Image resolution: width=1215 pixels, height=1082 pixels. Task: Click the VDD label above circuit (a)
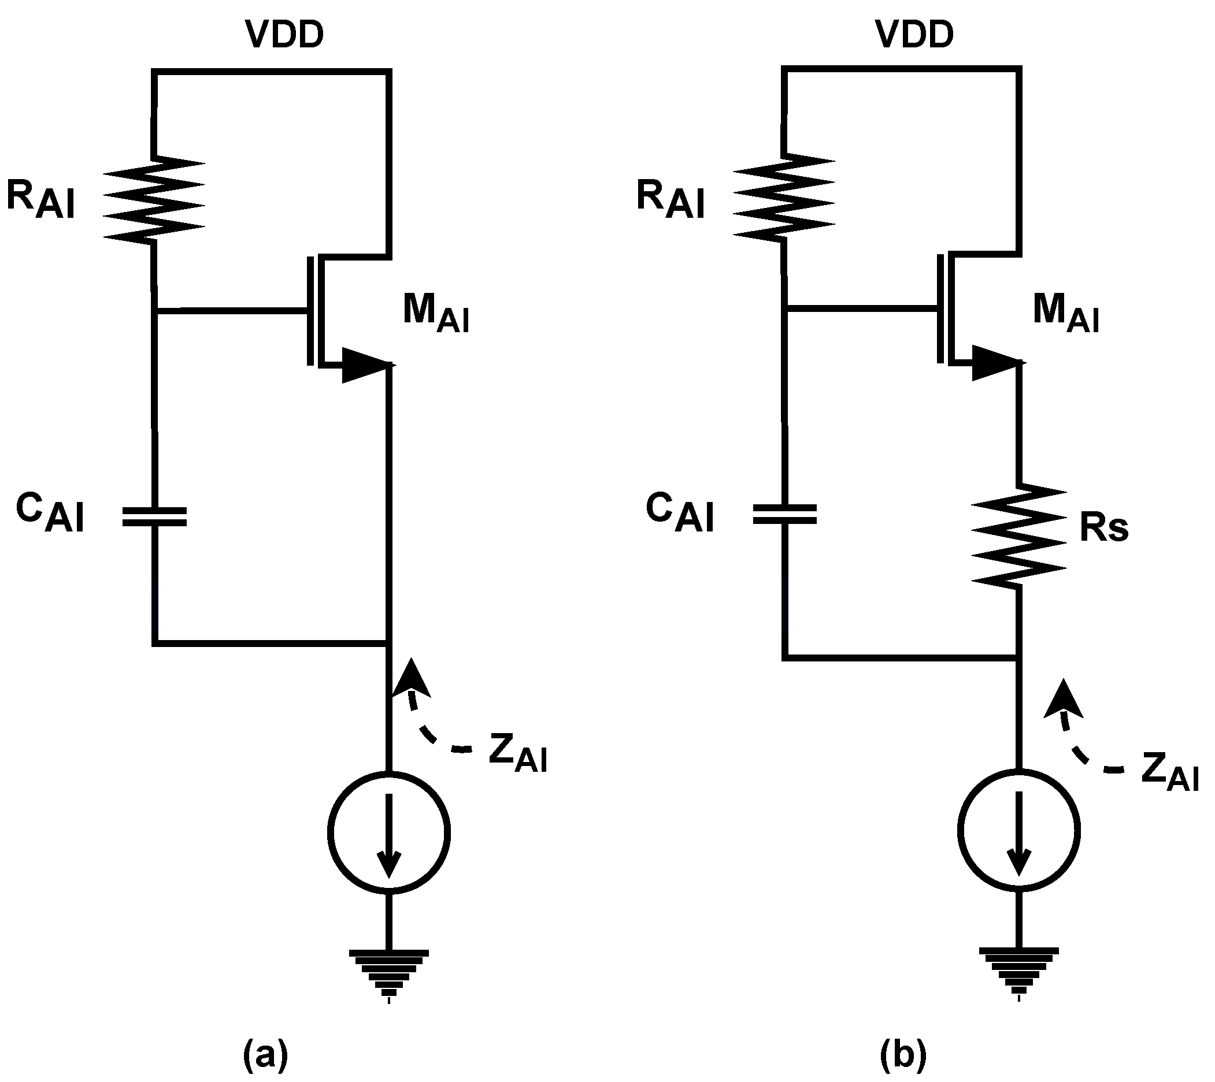coord(285,35)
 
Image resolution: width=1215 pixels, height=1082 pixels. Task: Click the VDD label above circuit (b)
coord(914,35)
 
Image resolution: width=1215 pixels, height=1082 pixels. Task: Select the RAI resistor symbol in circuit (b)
coord(784,198)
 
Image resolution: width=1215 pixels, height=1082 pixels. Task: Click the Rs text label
coord(1103,528)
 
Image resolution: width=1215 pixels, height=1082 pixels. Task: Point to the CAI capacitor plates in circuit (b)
coord(784,514)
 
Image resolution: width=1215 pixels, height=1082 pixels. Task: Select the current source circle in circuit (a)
coord(389,832)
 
